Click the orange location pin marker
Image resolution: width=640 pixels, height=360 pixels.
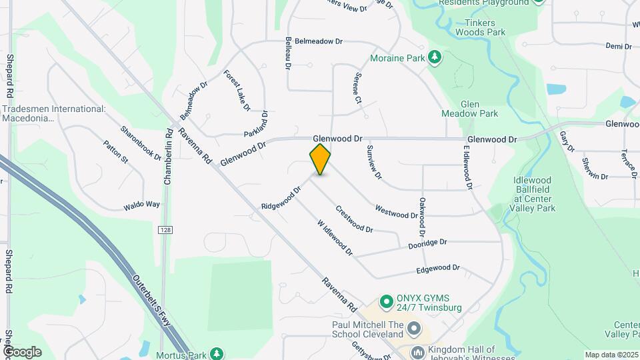(321, 159)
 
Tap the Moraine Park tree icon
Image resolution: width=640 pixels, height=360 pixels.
(435, 57)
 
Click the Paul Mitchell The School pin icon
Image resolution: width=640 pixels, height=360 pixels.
(415, 329)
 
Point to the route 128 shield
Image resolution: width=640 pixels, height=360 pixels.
(166, 229)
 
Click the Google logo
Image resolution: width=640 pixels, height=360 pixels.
(21, 351)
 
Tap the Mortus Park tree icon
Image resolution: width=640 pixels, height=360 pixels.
(215, 353)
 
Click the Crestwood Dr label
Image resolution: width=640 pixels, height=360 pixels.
(354, 219)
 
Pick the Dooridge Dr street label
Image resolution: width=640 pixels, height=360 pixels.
(427, 245)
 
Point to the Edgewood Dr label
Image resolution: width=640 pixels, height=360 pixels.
(438, 269)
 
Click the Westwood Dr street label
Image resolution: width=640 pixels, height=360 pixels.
(396, 212)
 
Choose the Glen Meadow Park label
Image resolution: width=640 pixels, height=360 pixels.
(479, 109)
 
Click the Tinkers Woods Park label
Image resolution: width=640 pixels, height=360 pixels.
(476, 27)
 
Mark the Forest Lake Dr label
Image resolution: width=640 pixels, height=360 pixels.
(237, 90)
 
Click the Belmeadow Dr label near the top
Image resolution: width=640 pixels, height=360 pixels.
(319, 41)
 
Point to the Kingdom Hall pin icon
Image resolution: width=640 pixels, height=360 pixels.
(417, 352)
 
